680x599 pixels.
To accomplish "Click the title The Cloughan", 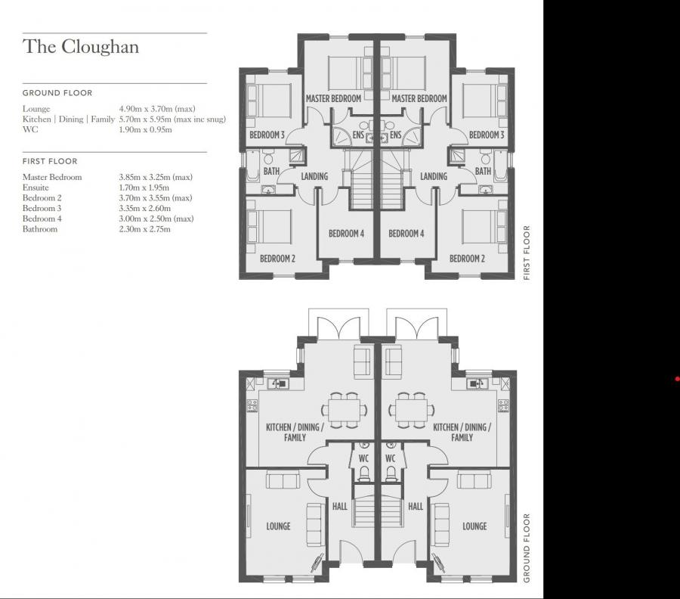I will point(80,47).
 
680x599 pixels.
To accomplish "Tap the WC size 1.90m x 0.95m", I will point(146,129).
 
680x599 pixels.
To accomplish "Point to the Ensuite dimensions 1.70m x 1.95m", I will point(144,188).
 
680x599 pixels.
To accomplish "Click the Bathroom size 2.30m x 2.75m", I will point(145,228).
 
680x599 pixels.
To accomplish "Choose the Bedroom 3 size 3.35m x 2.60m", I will point(145,208).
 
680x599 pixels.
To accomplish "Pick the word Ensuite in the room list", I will point(36,188).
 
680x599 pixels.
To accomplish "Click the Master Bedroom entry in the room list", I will point(52,177).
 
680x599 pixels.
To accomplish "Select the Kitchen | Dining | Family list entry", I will point(69,119).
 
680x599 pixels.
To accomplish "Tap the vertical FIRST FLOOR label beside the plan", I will point(527,253).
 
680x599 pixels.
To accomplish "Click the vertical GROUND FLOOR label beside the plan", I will point(527,548).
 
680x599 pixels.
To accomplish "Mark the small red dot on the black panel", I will point(677,379).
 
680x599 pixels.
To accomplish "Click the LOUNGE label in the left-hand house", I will point(278,526).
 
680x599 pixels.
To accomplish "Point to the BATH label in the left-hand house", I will point(271,172).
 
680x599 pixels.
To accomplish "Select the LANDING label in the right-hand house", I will point(434,177).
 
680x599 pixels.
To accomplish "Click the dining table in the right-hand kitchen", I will point(412,409).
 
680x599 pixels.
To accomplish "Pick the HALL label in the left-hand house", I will point(340,506).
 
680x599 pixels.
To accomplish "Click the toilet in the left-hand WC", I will point(363,473).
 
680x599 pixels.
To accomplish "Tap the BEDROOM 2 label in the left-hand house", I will point(277,259).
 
